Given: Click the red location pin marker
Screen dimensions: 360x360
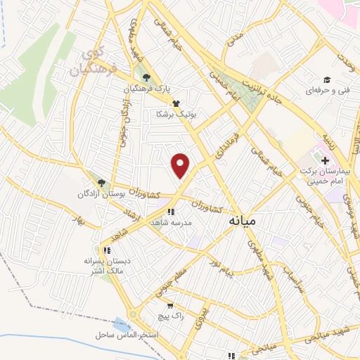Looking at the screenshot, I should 181,165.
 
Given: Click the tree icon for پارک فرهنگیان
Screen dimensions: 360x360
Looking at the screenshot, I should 146,78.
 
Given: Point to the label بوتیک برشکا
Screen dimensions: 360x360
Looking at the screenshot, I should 176,112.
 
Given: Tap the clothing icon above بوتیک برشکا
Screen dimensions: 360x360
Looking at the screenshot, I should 175,102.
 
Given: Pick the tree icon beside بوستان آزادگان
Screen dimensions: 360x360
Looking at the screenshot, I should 101,182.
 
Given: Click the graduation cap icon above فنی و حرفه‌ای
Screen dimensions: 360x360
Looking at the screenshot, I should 326,79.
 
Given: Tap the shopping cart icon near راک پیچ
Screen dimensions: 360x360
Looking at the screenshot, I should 169,306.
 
